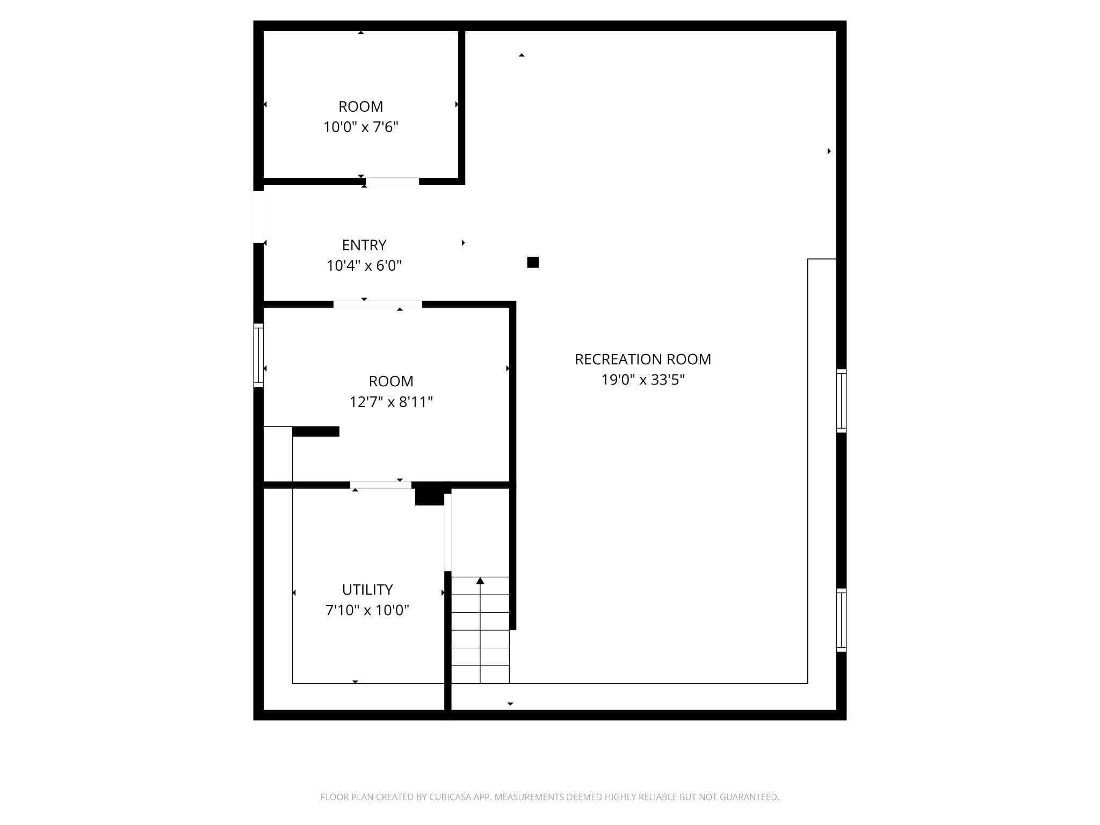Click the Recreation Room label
click(x=642, y=359)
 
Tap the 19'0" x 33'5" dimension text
click(x=642, y=380)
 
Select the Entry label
click(x=364, y=245)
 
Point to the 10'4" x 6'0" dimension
click(x=364, y=266)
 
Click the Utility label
click(x=367, y=590)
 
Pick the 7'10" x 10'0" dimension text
click(x=367, y=611)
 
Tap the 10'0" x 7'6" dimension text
click(x=360, y=127)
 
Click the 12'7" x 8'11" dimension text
click(x=390, y=402)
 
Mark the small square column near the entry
click(x=533, y=262)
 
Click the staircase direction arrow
click(x=480, y=581)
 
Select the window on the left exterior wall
click(x=258, y=355)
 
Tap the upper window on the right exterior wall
click(x=841, y=401)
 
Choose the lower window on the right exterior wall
click(x=841, y=620)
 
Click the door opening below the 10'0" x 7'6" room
click(x=392, y=182)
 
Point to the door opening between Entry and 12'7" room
click(x=378, y=305)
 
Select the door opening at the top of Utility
click(x=381, y=485)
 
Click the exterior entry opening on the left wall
click(x=258, y=217)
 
